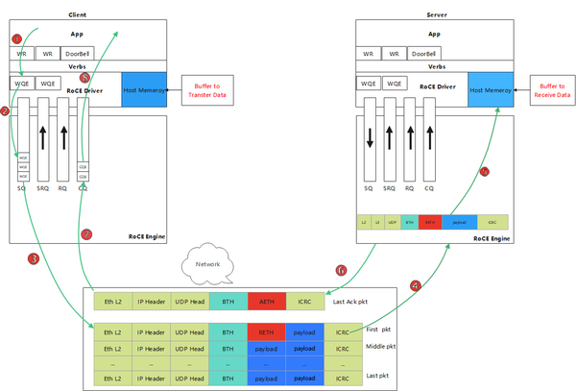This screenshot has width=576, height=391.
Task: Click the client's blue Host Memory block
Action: (145, 90)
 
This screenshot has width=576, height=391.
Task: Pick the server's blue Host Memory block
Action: (491, 90)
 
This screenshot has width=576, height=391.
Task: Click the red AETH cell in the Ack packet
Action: (266, 302)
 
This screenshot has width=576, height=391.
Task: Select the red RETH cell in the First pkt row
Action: (266, 332)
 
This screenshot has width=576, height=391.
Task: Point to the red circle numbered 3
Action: (34, 258)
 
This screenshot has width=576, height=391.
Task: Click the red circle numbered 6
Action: (340, 271)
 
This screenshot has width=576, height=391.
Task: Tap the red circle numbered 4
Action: (415, 284)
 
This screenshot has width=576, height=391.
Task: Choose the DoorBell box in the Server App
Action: (421, 54)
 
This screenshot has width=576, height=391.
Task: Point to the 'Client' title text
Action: (78, 15)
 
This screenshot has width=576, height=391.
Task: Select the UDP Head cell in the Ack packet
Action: (189, 302)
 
